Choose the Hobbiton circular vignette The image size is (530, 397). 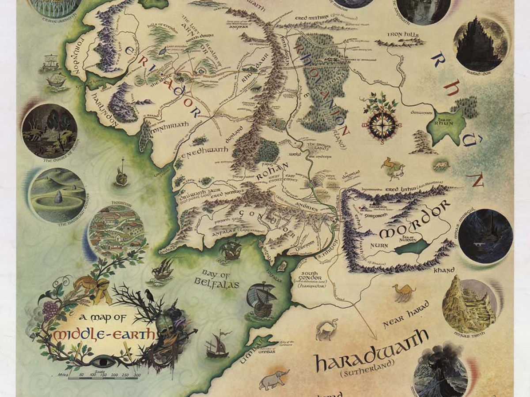click(117, 232)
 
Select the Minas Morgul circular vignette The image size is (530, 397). click(485, 236)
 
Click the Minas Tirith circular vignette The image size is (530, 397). click(469, 304)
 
